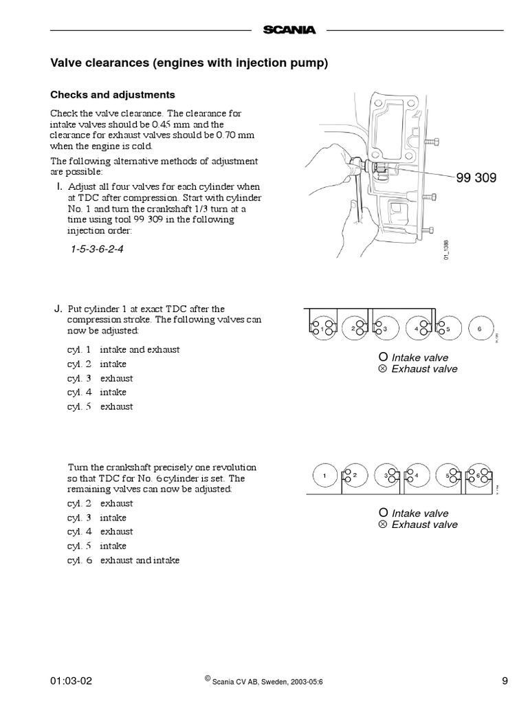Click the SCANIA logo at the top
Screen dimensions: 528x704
pyautogui.click(x=288, y=30)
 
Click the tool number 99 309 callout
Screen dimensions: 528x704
pyautogui.click(x=476, y=178)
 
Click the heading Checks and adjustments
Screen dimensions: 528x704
pyautogui.click(x=113, y=95)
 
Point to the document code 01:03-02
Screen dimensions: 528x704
pyautogui.click(x=71, y=681)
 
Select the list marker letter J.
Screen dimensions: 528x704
pyautogui.click(x=58, y=308)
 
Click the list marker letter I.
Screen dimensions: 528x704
pyautogui.click(x=59, y=186)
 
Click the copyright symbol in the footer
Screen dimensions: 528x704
pyautogui.click(x=207, y=679)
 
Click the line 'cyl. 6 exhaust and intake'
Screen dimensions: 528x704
pyautogui.click(x=123, y=560)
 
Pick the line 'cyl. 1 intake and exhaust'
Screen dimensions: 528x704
pyautogui.click(x=123, y=349)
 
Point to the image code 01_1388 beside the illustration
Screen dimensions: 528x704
pyautogui.click(x=446, y=248)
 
